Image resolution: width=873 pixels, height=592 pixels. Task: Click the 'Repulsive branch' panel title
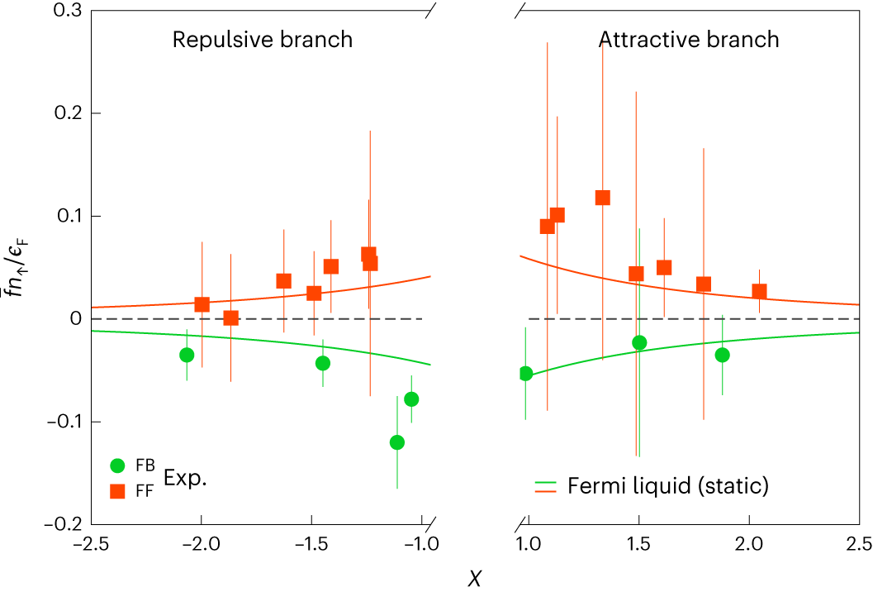[x=262, y=40]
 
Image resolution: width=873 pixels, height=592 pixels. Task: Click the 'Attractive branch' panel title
[x=688, y=40]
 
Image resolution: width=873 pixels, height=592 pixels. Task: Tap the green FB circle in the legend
[x=118, y=465]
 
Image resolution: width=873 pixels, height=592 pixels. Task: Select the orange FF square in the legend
[x=118, y=490]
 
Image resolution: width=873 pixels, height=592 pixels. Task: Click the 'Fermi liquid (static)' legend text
[x=667, y=485]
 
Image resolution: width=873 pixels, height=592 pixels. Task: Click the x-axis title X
[x=474, y=578]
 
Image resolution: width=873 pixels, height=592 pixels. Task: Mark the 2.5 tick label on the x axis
[x=858, y=546]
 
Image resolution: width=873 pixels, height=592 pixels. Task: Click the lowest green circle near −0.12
[x=397, y=442]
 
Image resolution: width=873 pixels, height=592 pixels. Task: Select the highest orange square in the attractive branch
[x=603, y=198]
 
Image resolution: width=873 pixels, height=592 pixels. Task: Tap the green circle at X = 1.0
[x=525, y=374]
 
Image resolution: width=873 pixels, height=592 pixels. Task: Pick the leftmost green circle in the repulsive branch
[x=187, y=355]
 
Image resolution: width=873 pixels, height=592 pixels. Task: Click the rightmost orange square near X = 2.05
[x=759, y=291]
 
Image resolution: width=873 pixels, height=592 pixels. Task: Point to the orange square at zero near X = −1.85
[x=231, y=318]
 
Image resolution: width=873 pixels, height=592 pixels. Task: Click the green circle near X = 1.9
[x=723, y=355]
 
